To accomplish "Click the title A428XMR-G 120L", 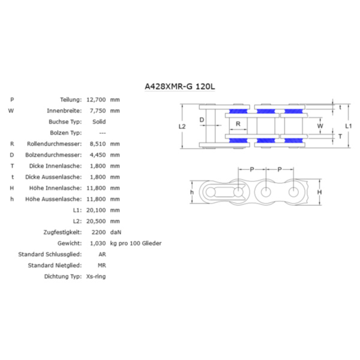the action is (x=180, y=86).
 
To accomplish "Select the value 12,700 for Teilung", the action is (x=96, y=100).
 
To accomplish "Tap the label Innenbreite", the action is (x=64, y=111).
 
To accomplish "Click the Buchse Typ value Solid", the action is (x=99, y=122).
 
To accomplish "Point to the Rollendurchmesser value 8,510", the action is (x=98, y=144).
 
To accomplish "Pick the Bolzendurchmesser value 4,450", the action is (x=98, y=155).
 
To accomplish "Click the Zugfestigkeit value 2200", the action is (x=98, y=232).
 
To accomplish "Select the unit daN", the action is (x=116, y=232).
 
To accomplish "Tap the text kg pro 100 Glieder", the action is (x=136, y=244).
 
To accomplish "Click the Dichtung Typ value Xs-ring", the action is (x=96, y=277).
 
